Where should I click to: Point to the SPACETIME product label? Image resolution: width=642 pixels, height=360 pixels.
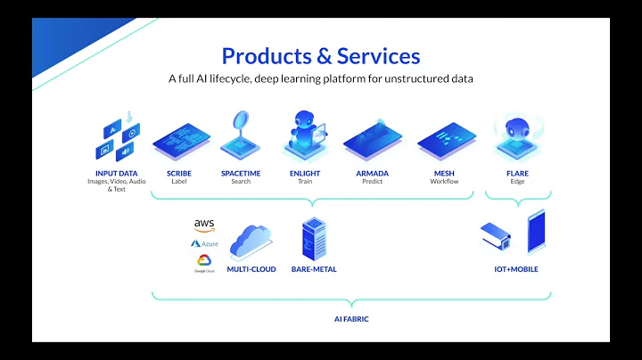(241, 173)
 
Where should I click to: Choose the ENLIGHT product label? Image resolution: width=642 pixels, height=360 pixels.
(305, 173)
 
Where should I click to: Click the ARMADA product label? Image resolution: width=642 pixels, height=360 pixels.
(373, 173)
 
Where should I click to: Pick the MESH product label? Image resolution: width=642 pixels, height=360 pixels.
(444, 173)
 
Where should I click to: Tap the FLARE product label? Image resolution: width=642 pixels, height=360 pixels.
(518, 173)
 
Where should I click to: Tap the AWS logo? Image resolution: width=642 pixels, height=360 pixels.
(204, 225)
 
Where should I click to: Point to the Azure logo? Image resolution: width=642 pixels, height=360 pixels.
(204, 243)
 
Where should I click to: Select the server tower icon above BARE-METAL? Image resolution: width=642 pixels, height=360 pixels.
(313, 236)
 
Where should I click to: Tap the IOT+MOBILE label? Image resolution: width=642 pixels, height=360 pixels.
(516, 268)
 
